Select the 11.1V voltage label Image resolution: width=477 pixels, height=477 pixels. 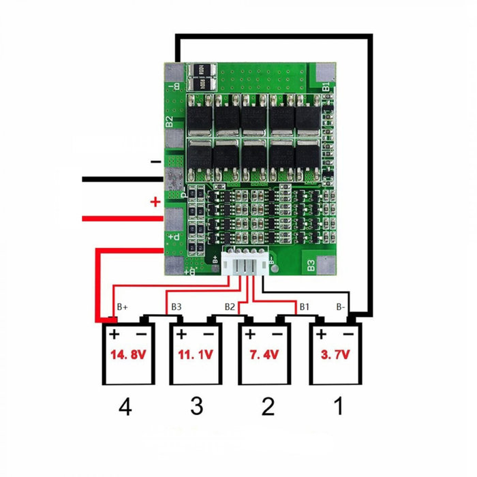click(x=196, y=355)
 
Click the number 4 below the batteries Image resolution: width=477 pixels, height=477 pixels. click(x=125, y=407)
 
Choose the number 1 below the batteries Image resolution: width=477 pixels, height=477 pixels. click(x=336, y=407)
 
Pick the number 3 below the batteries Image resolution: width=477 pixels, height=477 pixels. click(x=196, y=407)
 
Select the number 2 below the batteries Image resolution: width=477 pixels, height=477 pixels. click(x=267, y=407)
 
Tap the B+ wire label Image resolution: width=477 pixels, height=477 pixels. click(x=123, y=308)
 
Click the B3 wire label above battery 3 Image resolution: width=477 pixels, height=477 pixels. click(x=176, y=308)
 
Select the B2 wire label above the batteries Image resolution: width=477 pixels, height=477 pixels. click(x=230, y=308)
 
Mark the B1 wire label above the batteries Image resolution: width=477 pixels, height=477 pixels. click(x=305, y=308)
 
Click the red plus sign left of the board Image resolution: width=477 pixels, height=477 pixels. click(x=155, y=202)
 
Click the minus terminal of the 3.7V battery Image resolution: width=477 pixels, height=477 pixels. click(x=349, y=334)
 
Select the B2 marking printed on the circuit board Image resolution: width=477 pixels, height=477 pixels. click(x=169, y=123)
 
